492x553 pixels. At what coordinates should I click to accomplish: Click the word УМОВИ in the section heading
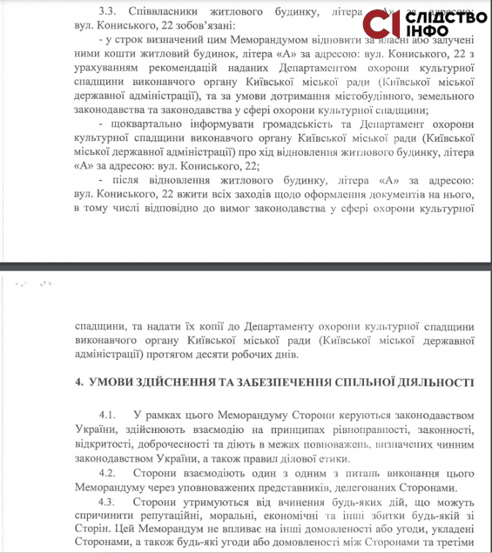[113, 383]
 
